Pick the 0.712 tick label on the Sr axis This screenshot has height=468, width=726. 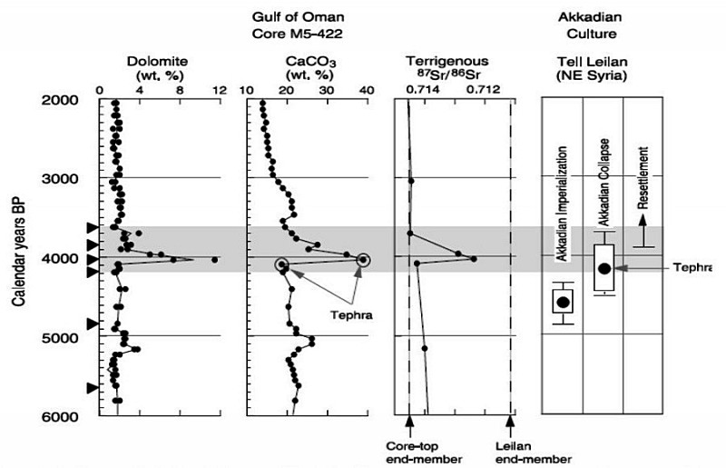[483, 91]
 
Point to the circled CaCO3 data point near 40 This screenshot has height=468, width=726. [363, 259]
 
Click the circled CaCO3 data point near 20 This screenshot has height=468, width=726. [282, 264]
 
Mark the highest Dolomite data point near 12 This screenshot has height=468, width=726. [214, 260]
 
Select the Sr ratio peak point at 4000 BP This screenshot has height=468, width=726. [474, 259]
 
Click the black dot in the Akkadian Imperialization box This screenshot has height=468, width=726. [564, 302]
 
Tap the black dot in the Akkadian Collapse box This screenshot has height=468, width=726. [604, 268]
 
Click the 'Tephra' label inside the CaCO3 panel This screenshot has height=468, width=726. [338, 316]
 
